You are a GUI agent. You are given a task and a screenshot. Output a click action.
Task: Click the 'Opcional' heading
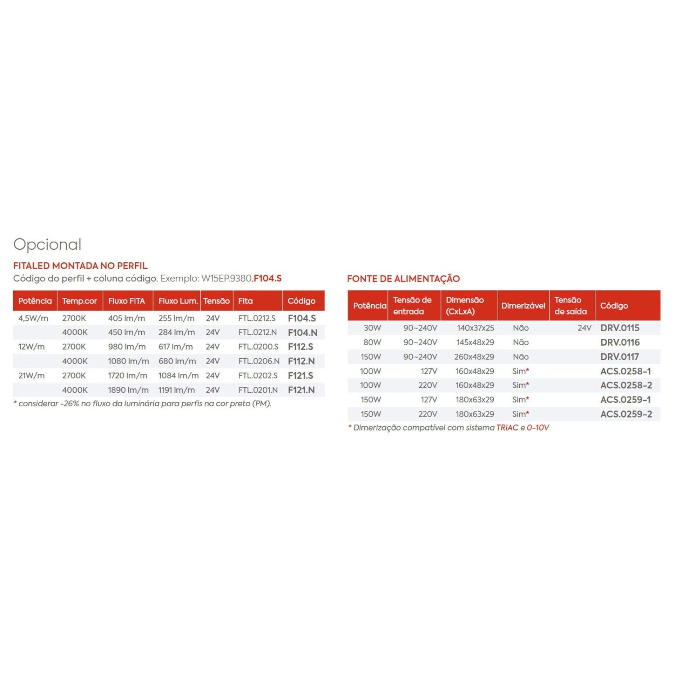47,244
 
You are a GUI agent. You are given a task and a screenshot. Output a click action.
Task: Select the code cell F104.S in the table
301,318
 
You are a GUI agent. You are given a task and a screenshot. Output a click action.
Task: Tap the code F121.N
301,390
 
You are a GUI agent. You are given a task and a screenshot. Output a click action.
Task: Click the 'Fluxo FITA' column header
126,301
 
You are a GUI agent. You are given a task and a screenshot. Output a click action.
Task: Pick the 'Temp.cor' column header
80,301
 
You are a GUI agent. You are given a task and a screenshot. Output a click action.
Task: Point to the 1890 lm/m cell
128,390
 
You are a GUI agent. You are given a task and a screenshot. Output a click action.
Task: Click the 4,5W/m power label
33,318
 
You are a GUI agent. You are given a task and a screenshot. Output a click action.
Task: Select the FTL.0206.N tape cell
259,361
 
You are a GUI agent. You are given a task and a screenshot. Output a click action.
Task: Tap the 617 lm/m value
175,347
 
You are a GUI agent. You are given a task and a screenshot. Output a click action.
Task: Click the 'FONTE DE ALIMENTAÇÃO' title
403,279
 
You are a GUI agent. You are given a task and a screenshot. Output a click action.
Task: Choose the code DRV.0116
620,342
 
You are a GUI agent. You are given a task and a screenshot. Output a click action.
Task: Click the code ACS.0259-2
626,414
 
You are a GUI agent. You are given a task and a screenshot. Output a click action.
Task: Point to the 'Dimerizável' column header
523,306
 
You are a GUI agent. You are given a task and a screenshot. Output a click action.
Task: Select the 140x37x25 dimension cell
475,328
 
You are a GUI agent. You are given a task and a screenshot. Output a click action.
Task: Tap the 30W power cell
372,328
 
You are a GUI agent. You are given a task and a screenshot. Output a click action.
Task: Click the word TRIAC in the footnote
507,427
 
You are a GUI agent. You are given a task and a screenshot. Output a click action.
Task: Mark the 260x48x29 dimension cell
474,357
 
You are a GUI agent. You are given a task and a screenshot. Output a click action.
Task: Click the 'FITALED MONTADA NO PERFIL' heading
80,266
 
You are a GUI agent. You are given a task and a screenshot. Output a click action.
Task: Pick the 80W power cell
372,342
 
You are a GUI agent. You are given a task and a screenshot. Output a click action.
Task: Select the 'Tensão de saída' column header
571,306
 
